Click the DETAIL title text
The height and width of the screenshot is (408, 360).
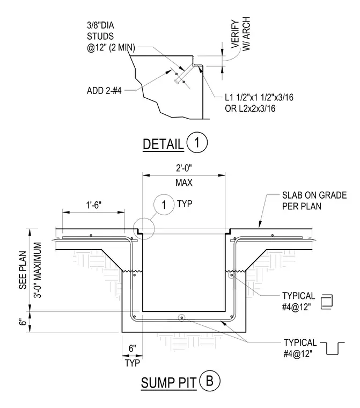pyautogui.click(x=163, y=144)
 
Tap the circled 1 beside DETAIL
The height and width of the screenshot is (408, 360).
pyautogui.click(x=197, y=142)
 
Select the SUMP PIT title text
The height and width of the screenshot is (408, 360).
pyautogui.click(x=168, y=383)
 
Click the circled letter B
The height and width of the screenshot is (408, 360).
pyautogui.click(x=209, y=381)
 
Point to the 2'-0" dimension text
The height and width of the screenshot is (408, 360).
pyautogui.click(x=184, y=169)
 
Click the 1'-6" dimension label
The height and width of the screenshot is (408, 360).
pyautogui.click(x=94, y=205)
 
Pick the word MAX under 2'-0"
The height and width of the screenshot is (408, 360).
pyautogui.click(x=184, y=183)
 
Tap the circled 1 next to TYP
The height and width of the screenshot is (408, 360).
pyautogui.click(x=164, y=205)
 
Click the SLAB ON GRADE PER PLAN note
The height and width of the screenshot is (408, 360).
pyautogui.click(x=314, y=201)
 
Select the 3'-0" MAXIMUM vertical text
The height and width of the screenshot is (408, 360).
pyautogui.click(x=38, y=270)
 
